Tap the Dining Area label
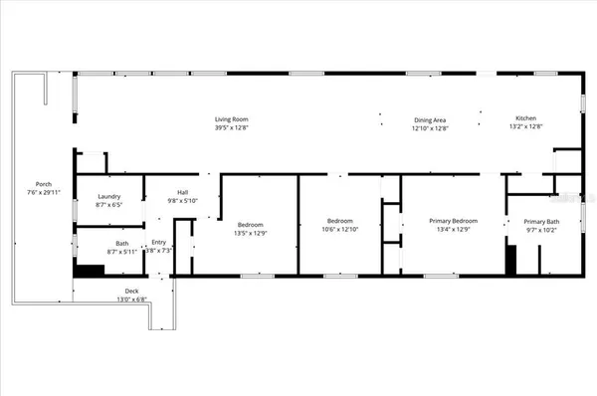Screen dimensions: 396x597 [x=430, y=119]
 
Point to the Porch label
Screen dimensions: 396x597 [x=44, y=184]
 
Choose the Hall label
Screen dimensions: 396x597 [x=183, y=192]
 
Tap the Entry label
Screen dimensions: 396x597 [x=159, y=243]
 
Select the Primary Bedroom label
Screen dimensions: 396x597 [x=453, y=221]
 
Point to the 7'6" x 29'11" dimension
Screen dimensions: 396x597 [x=44, y=192]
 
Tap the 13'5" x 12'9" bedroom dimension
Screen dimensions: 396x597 [x=251, y=233]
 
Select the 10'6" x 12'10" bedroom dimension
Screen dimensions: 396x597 [x=341, y=229]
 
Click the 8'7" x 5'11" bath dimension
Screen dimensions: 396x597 [x=120, y=252]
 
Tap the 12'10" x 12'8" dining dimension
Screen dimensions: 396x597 [x=430, y=127]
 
